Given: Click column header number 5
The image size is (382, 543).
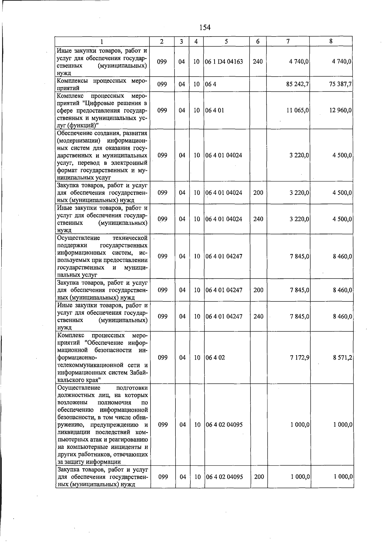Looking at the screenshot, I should (x=226, y=41).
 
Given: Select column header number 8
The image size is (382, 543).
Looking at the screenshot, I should (x=331, y=41).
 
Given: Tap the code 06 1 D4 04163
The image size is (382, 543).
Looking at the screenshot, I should (x=224, y=62).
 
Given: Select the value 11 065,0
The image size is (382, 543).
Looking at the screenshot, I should (x=298, y=110).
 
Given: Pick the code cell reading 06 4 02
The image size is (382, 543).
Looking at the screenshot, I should (x=215, y=357).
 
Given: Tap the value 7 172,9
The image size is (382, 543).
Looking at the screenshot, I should (x=300, y=357).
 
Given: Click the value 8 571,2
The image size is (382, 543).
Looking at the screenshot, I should (x=343, y=357).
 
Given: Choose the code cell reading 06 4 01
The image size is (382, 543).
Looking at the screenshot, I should (x=215, y=110).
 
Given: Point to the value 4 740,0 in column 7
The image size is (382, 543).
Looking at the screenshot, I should (x=299, y=62).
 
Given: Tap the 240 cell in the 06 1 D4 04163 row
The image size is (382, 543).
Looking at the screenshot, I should (x=258, y=62).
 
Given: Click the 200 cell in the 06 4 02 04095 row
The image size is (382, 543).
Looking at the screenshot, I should (x=259, y=477).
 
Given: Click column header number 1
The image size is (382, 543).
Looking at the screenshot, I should (x=102, y=41).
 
